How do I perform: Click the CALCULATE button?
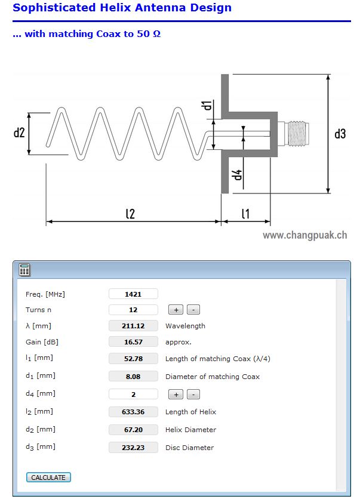[x=48, y=478]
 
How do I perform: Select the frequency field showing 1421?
[x=133, y=294]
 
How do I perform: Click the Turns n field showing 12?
[x=133, y=310]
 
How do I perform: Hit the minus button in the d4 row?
[x=193, y=395]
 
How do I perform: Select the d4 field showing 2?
[x=133, y=394]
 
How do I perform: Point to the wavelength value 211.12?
[x=133, y=326]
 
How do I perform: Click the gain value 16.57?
[x=133, y=342]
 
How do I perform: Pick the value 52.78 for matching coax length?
[x=133, y=359]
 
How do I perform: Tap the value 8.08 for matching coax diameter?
[x=133, y=377]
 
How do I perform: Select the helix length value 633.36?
[x=133, y=412]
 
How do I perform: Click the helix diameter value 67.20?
[x=133, y=430]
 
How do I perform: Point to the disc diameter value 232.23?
[x=133, y=447]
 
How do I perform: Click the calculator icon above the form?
[x=24, y=269]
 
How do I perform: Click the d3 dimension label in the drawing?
[x=340, y=134]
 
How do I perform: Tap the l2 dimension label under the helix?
[x=130, y=213]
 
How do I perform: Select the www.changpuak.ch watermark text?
[x=304, y=235]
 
